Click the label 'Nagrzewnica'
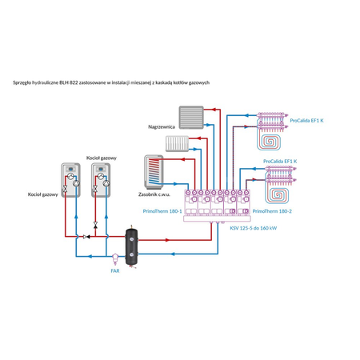coord(162,126)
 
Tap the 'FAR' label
coord(114,271)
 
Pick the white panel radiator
coord(177,143)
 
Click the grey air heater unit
coord(192,119)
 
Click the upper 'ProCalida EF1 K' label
coord(307,119)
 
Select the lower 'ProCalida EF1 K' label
coord(280,162)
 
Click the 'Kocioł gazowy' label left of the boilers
coord(42,194)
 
